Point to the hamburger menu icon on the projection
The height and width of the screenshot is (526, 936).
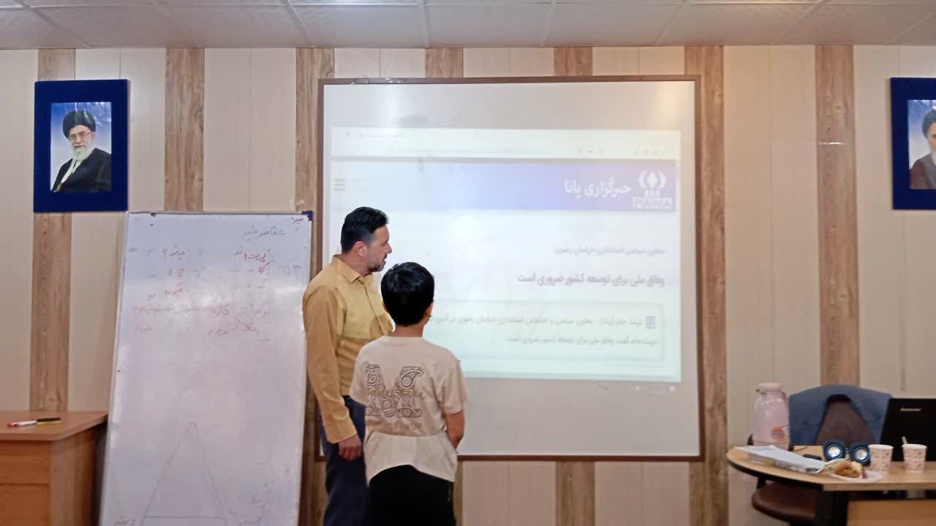pyautogui.click(x=339, y=184)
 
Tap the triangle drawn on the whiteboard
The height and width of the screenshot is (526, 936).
pyautogui.click(x=186, y=475)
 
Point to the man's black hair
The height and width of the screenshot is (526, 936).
pyautogui.click(x=363, y=225)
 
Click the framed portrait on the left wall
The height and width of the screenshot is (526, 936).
pyautogui.click(x=81, y=145)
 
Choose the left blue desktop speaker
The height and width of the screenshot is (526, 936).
pyautogui.click(x=834, y=450)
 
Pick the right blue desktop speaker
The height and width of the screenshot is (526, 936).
pyautogui.click(x=860, y=454)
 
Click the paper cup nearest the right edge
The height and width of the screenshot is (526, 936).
pyautogui.click(x=914, y=457)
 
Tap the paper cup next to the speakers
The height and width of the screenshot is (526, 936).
pyautogui.click(x=880, y=457)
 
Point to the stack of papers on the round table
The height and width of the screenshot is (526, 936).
pyautogui.click(x=781, y=458)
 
